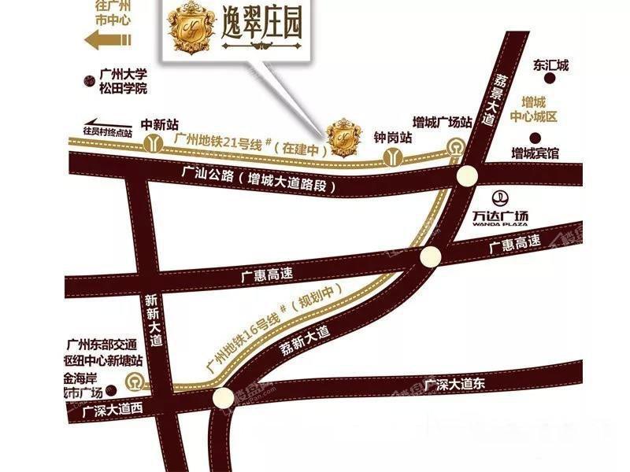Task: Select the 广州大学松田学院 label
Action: [124, 82]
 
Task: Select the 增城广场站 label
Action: [443, 122]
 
